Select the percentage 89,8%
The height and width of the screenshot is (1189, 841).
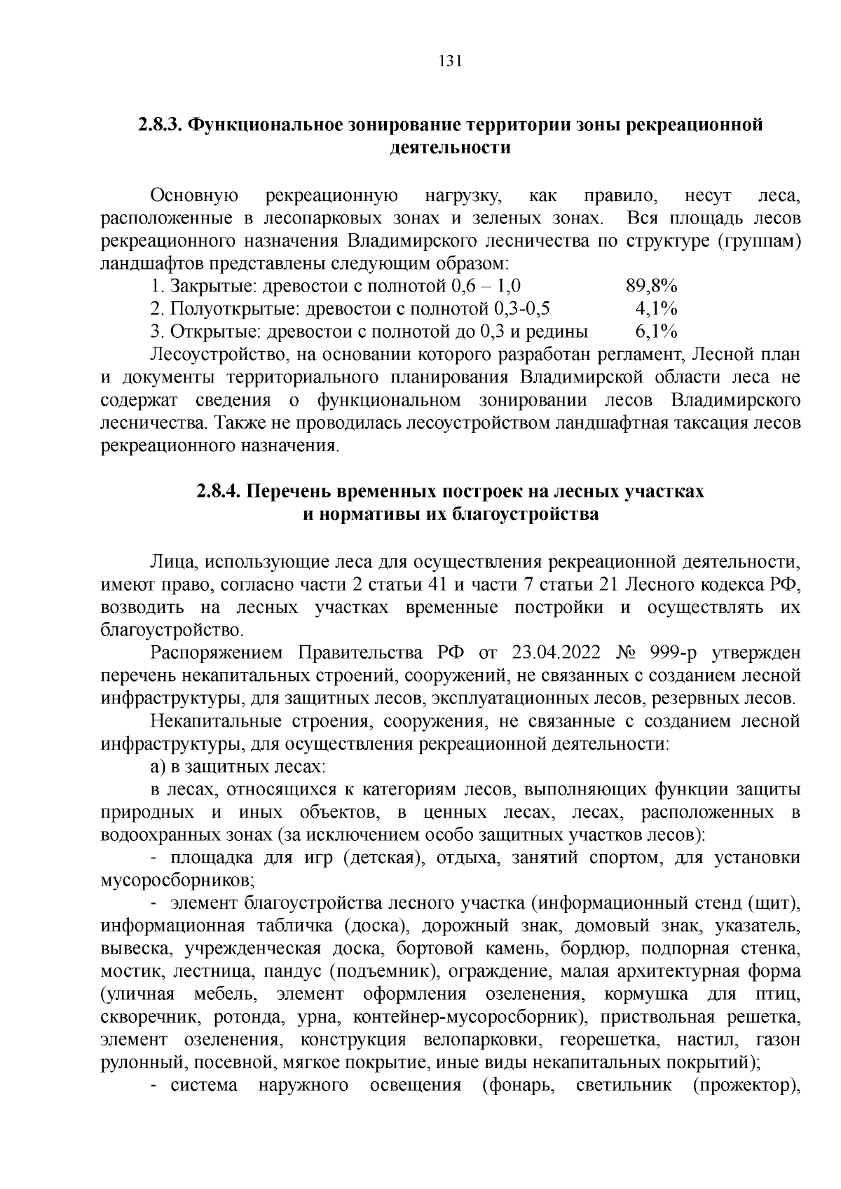(651, 287)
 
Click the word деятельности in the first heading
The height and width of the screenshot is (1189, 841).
(449, 148)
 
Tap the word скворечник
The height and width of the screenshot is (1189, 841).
(145, 1017)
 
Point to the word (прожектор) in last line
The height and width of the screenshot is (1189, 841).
(747, 1086)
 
